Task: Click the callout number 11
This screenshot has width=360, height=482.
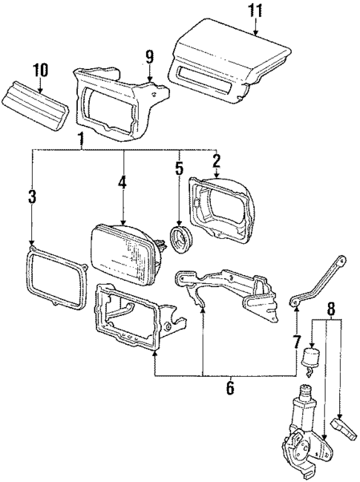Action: tap(255, 11)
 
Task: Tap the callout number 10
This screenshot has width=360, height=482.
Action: tap(39, 70)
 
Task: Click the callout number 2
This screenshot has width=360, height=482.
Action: tap(216, 159)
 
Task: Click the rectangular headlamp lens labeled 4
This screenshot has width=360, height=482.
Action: tap(122, 251)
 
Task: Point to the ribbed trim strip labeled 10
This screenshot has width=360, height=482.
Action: tap(37, 102)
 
